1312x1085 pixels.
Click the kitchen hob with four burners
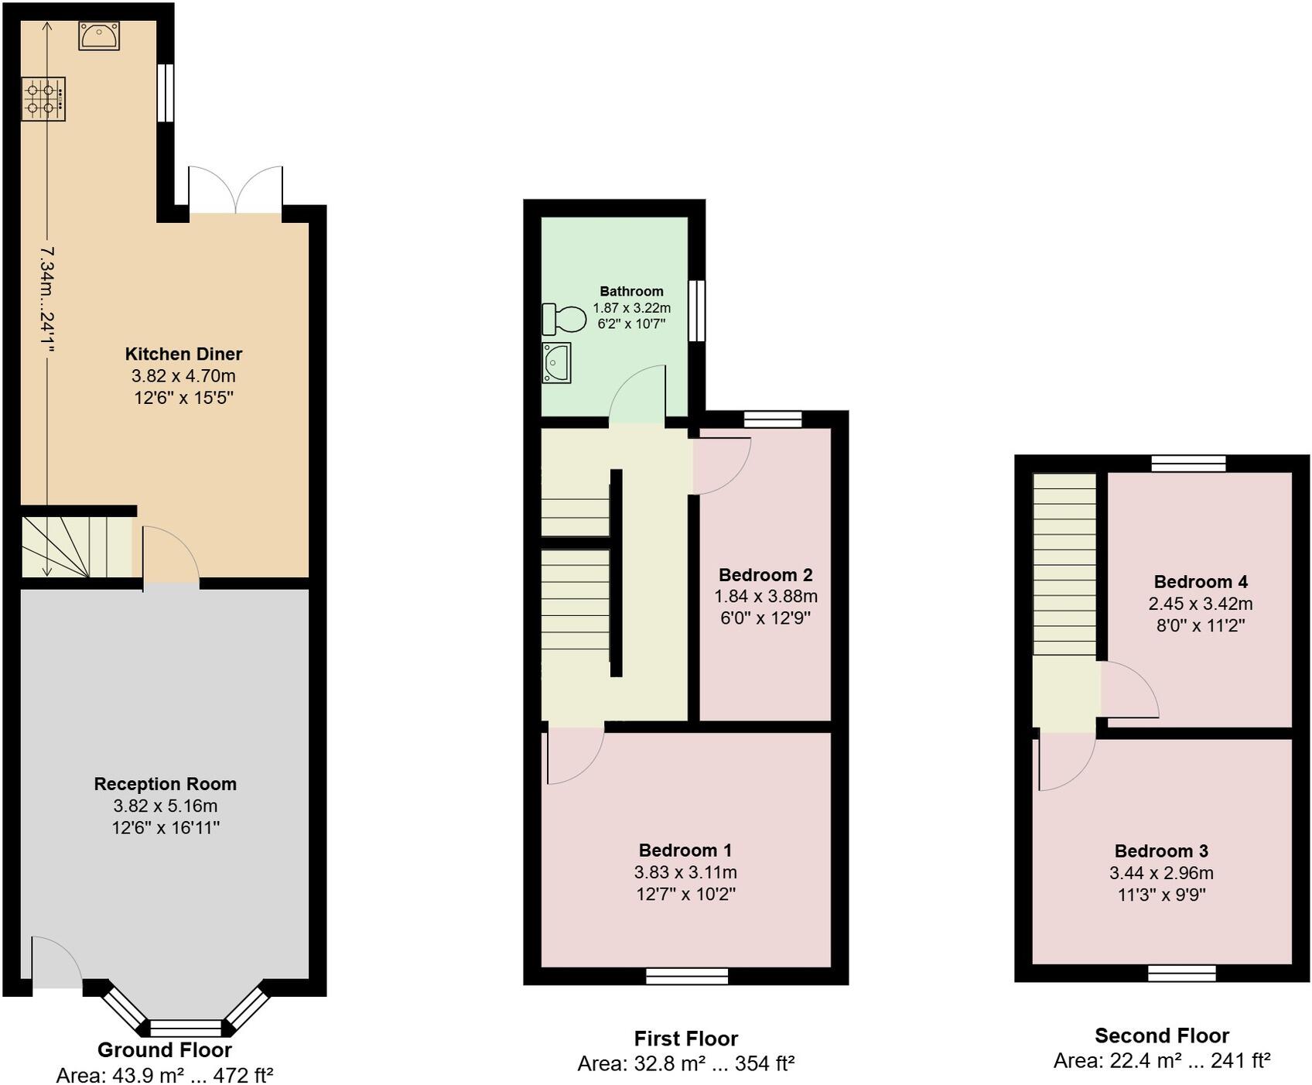[x=43, y=99]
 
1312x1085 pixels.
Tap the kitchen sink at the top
[x=99, y=36]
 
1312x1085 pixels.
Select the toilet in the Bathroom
[x=565, y=319]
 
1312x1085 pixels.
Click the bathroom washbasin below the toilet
[x=556, y=362]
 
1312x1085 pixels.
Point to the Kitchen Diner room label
[x=183, y=354]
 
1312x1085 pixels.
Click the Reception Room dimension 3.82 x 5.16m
[x=165, y=806]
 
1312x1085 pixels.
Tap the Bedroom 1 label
[x=685, y=851]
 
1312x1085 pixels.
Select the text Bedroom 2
[x=765, y=575]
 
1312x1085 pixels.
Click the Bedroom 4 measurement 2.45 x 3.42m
[x=1200, y=604]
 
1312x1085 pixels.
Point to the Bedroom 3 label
[x=1160, y=851]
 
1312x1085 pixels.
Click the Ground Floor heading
[x=164, y=1050]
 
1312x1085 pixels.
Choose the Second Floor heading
[x=1161, y=1035]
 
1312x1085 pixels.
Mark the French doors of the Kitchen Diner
[x=235, y=192]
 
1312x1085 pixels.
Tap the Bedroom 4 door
[x=1128, y=690]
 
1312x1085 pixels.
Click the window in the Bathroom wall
[x=696, y=310]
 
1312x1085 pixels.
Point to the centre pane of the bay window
[x=185, y=1028]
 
